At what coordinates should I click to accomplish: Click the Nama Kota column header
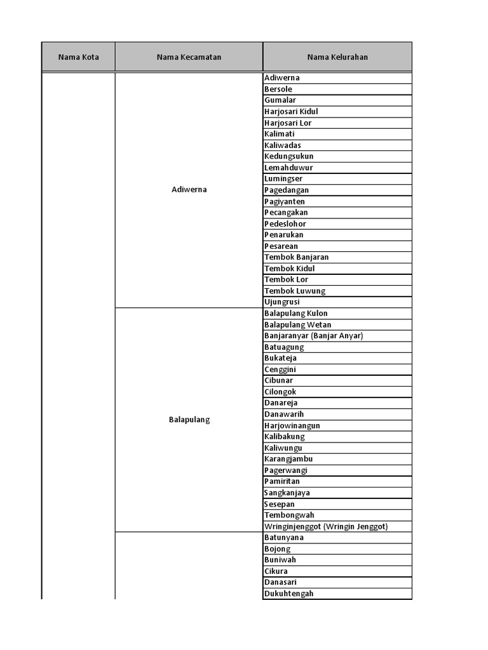(78, 57)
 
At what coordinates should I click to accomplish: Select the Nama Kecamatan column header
(189, 57)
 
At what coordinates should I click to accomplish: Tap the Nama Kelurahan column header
(337, 57)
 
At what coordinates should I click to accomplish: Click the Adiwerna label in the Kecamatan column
(189, 190)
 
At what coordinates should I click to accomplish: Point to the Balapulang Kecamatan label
(189, 420)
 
